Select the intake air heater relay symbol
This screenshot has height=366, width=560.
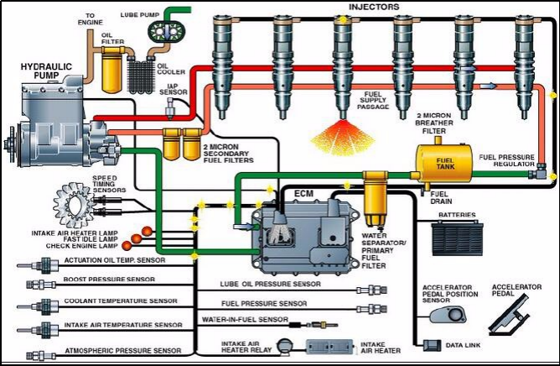[x=286, y=345]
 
